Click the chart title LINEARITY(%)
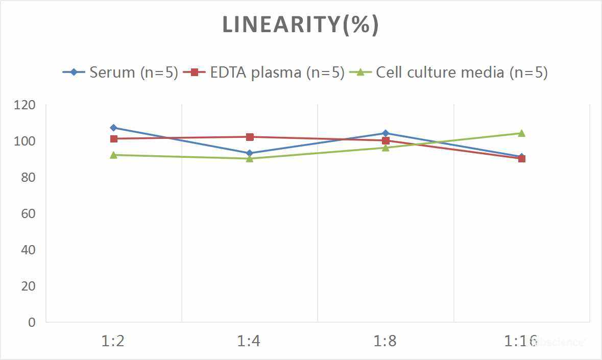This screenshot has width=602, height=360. pyautogui.click(x=300, y=25)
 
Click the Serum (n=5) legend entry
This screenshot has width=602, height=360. pyautogui.click(x=133, y=73)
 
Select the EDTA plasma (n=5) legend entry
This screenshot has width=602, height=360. pyautogui.click(x=277, y=73)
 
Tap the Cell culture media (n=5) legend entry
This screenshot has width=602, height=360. pyautogui.click(x=462, y=73)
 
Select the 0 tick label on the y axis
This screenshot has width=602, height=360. pyautogui.click(x=32, y=322)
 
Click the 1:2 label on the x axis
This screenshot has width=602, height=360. pyautogui.click(x=113, y=341)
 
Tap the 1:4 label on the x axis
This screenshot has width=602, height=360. pyautogui.click(x=249, y=341)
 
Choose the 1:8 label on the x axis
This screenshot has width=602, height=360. pyautogui.click(x=386, y=341)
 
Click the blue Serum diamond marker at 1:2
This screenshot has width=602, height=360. pyautogui.click(x=113, y=128)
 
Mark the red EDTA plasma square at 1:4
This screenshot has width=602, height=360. pyautogui.click(x=250, y=137)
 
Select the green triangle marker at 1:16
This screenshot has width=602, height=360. pyautogui.click(x=522, y=133)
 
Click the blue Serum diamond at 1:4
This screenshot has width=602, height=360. pyautogui.click(x=250, y=153)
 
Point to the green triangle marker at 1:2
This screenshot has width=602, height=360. pyautogui.click(x=113, y=155)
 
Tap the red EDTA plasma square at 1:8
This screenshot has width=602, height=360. pyautogui.click(x=386, y=140)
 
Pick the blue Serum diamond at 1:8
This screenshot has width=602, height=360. pyautogui.click(x=386, y=133)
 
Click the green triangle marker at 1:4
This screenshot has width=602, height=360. pyautogui.click(x=250, y=158)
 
